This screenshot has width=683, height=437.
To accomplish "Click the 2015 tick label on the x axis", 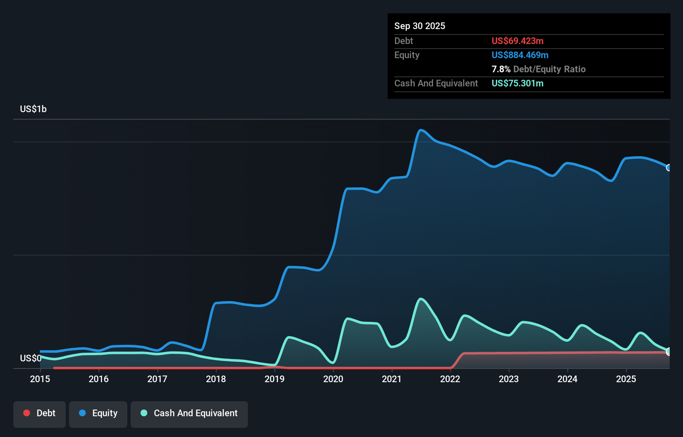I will coord(40,379).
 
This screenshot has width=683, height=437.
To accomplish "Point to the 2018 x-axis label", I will coord(216,379).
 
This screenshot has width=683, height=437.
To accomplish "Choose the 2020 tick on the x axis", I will coord(333,379).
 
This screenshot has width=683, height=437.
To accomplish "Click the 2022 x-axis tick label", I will coord(450,379).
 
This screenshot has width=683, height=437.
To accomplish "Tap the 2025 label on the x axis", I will coord(626,379).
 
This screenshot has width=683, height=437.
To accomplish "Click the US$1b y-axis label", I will coord(33,109).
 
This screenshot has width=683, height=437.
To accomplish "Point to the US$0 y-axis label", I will coord(30,358).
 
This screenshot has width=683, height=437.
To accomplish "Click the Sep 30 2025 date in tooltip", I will coord(419,26).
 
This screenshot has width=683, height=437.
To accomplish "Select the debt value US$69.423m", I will coord(517,41).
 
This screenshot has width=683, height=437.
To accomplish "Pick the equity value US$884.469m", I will coord(520,55).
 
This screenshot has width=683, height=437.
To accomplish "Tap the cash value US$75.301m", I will coord(517,83).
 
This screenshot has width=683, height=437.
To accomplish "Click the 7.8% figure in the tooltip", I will coord(500,69).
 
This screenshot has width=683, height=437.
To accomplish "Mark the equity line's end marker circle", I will coord(669,168).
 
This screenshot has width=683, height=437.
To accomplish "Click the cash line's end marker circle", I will coord(669,351).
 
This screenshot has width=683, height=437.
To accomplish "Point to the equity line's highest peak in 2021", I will coord(421,130).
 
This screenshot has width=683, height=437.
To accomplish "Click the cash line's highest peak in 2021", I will coord(421,299).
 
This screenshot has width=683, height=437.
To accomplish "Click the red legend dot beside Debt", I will coord(27,413).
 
